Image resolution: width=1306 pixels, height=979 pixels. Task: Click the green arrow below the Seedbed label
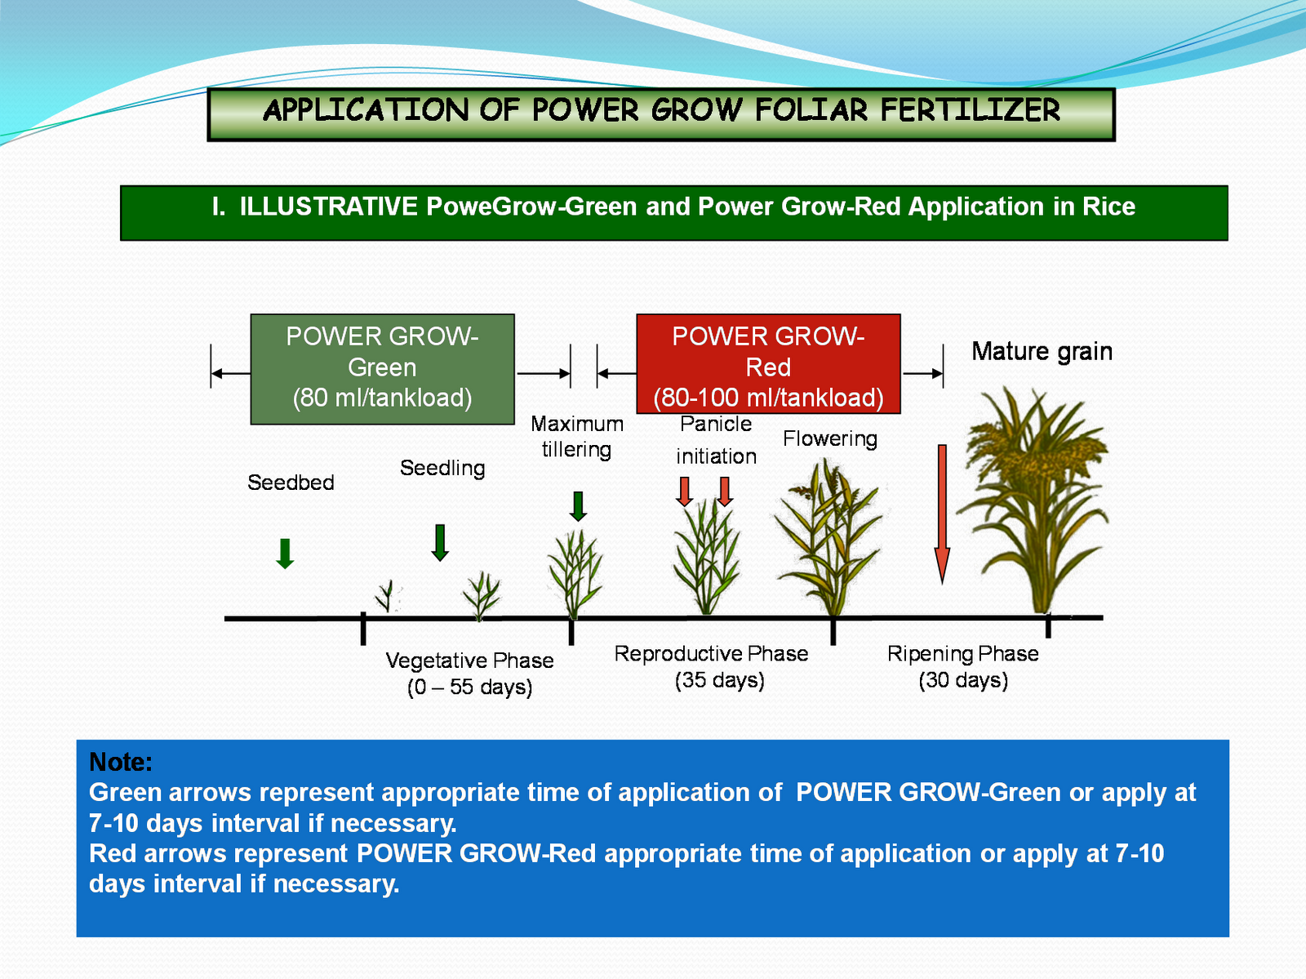click(285, 554)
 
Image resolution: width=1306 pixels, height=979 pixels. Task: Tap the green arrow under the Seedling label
click(440, 542)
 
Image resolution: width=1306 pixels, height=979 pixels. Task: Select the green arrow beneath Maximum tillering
click(578, 506)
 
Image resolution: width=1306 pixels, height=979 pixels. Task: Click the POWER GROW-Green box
click(382, 368)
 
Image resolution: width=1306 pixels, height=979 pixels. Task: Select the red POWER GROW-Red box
click(768, 364)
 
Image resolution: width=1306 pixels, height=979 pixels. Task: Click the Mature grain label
click(1042, 351)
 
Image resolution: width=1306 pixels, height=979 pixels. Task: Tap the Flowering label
click(829, 438)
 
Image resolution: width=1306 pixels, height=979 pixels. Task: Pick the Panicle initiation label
click(716, 440)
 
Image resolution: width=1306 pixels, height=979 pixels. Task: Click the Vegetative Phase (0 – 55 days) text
click(469, 674)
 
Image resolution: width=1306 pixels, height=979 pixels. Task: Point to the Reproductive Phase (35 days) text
click(711, 666)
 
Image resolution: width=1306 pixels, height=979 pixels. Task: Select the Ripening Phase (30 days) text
click(963, 666)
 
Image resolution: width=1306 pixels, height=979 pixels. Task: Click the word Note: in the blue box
click(121, 762)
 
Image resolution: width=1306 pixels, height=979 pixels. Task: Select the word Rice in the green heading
click(1108, 207)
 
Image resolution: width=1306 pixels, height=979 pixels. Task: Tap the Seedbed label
click(291, 483)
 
